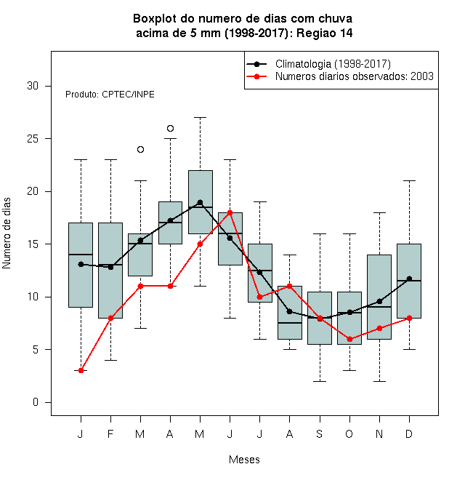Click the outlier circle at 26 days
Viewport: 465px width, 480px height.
click(171, 128)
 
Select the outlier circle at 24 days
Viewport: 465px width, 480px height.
click(140, 149)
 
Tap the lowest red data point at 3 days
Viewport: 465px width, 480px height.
click(81, 370)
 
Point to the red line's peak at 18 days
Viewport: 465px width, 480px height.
click(230, 212)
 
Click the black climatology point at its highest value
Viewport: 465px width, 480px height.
click(200, 202)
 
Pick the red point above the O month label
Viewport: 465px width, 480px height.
click(349, 339)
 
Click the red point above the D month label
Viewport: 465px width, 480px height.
click(409, 318)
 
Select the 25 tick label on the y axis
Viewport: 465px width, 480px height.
click(33, 139)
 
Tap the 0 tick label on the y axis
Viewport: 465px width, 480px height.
click(36, 402)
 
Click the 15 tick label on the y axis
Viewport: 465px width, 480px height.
click(33, 244)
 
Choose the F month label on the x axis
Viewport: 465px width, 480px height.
click(110, 433)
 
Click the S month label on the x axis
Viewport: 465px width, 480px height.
click(320, 433)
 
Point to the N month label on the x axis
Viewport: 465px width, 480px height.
click(379, 433)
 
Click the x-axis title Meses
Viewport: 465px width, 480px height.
click(244, 460)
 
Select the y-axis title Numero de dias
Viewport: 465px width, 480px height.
click(7, 233)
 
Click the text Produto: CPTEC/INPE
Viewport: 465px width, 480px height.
click(110, 95)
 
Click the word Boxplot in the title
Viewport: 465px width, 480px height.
click(155, 19)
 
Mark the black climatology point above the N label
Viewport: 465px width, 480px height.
click(380, 302)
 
